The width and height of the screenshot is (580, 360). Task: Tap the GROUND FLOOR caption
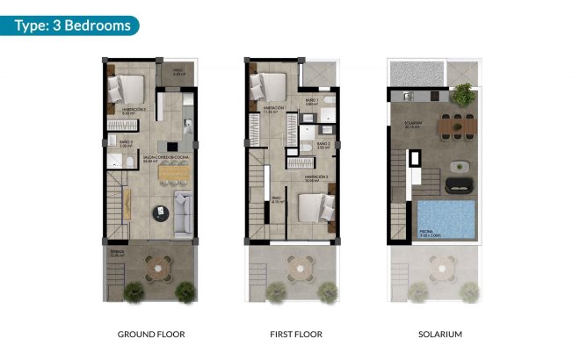(151, 335)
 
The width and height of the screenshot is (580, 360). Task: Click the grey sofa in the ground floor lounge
(185, 214)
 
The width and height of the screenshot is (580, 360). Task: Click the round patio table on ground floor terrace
(161, 264)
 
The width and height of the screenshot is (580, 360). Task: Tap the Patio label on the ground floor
(177, 73)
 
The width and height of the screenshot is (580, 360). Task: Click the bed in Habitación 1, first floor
(267, 85)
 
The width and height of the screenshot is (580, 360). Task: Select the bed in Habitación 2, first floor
(314, 207)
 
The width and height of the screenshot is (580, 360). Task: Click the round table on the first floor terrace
(304, 264)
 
